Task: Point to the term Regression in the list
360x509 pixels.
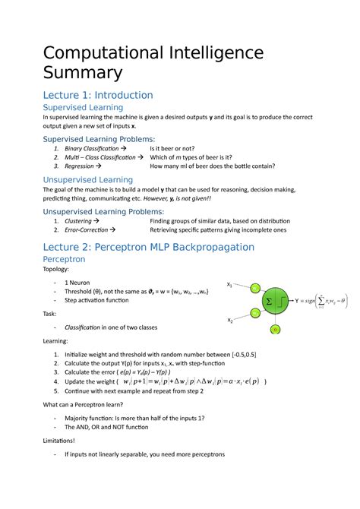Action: pos(79,166)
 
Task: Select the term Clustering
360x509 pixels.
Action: pos(81,221)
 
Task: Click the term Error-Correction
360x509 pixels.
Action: pos(88,229)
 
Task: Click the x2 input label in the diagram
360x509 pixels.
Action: pos(229,321)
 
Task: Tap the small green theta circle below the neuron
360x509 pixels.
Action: pos(276,329)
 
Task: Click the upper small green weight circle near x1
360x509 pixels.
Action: pos(255,289)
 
